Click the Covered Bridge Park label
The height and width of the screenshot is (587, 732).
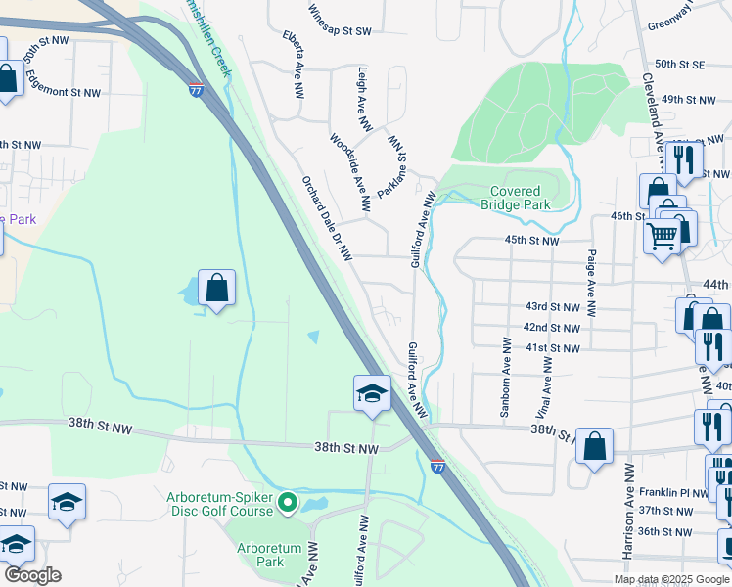pos(515,198)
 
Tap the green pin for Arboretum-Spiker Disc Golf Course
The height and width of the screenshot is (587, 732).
pos(287,504)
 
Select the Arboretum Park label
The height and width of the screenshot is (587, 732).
pos(260,555)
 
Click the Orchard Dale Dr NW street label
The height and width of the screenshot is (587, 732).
pos(326,218)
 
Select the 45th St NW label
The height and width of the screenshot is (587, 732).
pos(531,240)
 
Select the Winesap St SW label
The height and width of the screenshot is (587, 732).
pos(340,31)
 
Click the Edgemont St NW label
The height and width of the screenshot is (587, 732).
pos(66,92)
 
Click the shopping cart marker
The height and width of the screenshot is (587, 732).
pos(663,236)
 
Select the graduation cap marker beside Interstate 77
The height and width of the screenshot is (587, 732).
pos(373,393)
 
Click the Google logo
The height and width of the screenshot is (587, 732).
pos(32,574)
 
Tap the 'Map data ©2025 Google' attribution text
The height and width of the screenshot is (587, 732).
pos(671,579)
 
